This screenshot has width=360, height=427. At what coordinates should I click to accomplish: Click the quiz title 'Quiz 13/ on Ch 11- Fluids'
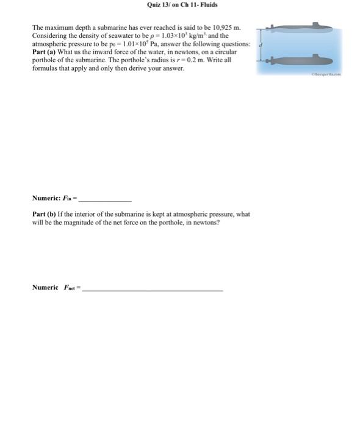pos(182,5)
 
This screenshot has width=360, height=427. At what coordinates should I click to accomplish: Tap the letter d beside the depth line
pos(261,45)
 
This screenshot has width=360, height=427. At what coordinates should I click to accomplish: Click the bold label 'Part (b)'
pos(46,215)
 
